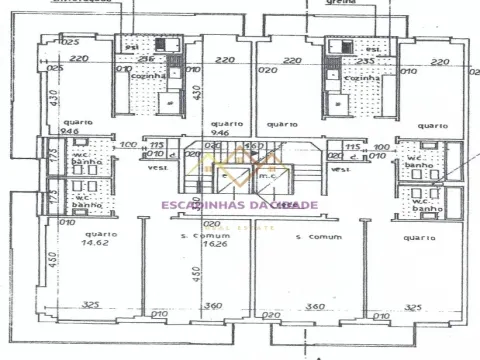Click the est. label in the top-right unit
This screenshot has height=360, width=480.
[x=373, y=47]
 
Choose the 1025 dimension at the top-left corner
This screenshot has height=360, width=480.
[x=69, y=43]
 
